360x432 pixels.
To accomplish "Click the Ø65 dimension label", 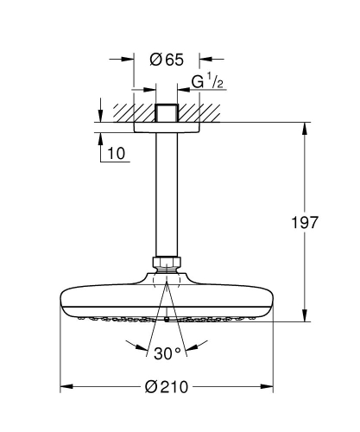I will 166,60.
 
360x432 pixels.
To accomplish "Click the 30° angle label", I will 166,354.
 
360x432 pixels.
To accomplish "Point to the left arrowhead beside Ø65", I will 129,60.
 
